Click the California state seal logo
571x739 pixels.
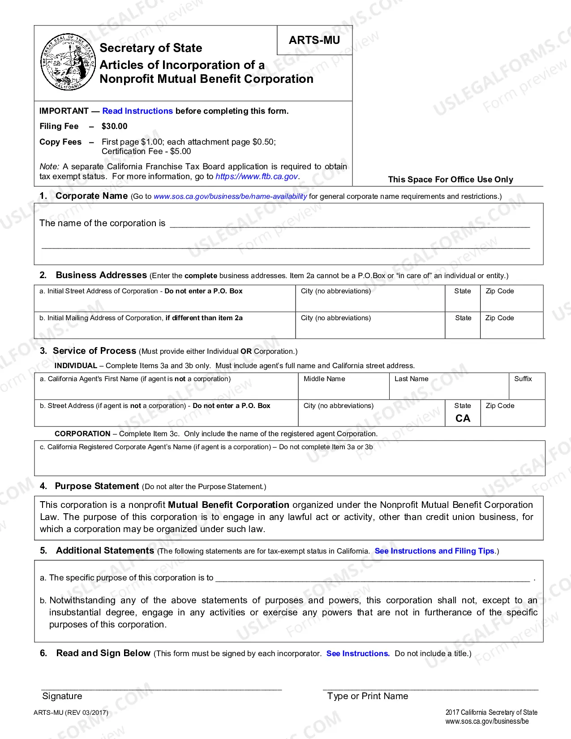tap(68, 61)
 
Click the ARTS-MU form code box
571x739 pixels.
tap(314, 40)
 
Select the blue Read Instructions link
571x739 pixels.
tap(137, 111)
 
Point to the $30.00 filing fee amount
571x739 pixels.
tap(115, 126)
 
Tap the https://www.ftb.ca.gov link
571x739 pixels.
tap(257, 176)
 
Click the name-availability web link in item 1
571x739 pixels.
tap(230, 197)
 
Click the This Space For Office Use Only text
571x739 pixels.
tap(451, 180)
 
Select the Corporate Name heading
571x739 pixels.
tap(92, 196)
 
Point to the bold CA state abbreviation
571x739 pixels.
tap(463, 418)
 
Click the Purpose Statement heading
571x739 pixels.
tap(97, 486)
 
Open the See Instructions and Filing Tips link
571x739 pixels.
tap(434, 551)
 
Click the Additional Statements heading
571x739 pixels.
tap(105, 551)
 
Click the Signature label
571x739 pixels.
tap(62, 696)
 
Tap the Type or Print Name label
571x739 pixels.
tap(368, 696)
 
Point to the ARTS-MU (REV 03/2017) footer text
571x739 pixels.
tap(71, 713)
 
